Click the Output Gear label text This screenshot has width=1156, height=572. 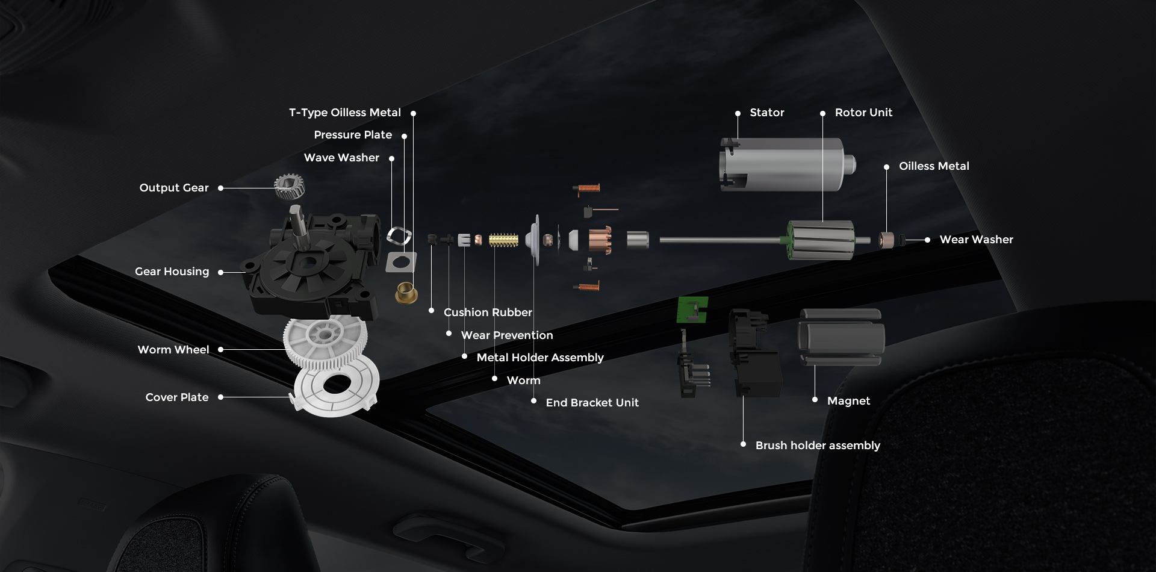coord(173,188)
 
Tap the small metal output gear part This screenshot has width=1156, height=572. coord(290,186)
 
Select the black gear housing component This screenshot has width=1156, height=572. coord(313,265)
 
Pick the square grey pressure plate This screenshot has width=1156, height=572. coord(401,262)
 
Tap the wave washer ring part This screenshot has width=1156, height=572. coord(399,235)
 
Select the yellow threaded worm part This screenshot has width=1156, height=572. coord(503,240)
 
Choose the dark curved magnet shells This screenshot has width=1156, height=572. coord(841,337)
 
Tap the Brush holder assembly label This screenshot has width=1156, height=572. coord(817,446)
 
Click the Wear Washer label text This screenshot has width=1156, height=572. coord(976,240)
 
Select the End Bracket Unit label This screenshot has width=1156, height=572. coord(591,403)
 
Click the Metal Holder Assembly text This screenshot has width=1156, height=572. coord(539,358)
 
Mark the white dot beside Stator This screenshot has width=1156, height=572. coord(738,113)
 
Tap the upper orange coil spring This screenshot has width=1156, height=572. coord(587,189)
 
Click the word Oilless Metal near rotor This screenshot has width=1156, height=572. coord(933,166)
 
